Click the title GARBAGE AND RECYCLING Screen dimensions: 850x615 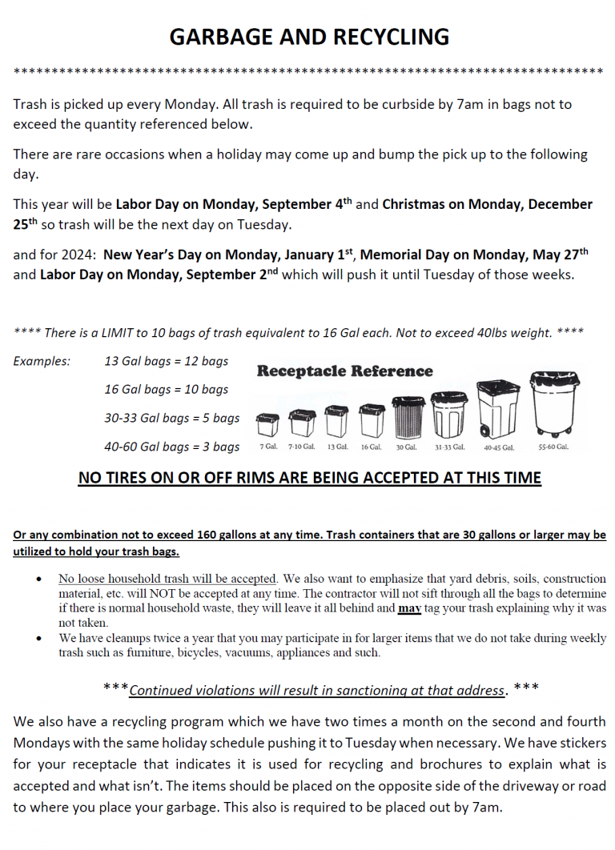pyautogui.click(x=308, y=37)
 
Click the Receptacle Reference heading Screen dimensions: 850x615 pyautogui.click(x=344, y=371)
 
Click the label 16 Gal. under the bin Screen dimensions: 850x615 pyautogui.click(x=371, y=447)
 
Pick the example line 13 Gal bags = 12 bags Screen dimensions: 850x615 pyautogui.click(x=167, y=361)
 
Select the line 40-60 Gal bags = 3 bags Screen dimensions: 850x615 pyautogui.click(x=172, y=447)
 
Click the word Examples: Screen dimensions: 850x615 pyautogui.click(x=42, y=361)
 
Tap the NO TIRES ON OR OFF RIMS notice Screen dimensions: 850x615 pyautogui.click(x=309, y=479)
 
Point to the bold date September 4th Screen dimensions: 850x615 pyautogui.click(x=307, y=204)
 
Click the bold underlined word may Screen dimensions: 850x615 pyautogui.click(x=408, y=608)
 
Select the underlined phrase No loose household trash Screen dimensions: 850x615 pyautogui.click(x=127, y=579)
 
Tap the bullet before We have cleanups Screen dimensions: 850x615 pyautogui.click(x=39, y=639)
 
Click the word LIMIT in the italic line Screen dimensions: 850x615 pyautogui.click(x=123, y=333)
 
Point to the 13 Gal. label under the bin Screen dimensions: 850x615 pyautogui.click(x=337, y=447)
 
